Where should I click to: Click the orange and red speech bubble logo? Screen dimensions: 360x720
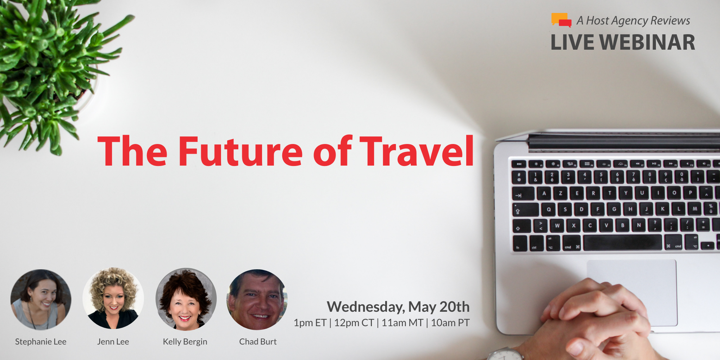561,20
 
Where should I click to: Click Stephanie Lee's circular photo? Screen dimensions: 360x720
41,300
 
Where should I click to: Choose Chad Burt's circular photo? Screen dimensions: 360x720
257,300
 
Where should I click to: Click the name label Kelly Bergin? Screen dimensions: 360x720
185,342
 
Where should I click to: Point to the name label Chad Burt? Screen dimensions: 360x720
258,342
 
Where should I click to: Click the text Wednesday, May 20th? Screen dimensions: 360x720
398,307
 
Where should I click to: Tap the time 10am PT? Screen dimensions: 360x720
450,323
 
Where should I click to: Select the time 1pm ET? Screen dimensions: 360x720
310,323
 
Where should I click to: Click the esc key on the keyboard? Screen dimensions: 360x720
519,164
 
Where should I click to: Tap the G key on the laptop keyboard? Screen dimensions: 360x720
614,209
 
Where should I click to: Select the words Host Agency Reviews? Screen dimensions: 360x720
638,21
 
